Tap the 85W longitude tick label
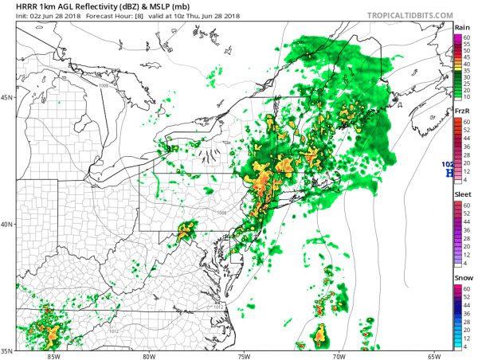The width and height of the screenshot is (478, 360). point(53,356)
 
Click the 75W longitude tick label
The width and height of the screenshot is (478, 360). point(245,356)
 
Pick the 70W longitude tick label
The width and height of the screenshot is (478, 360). point(340,356)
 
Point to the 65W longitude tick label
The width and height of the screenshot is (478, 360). point(435,356)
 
